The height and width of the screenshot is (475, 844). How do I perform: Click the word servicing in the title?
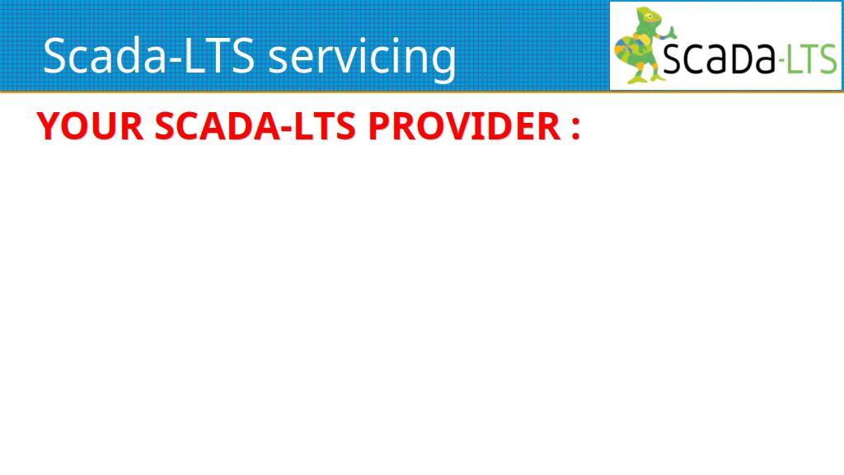362,57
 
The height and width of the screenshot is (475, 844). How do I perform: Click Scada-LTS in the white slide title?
148,55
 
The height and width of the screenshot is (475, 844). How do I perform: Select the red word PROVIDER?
465,126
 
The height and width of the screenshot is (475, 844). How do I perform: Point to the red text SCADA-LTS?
256,126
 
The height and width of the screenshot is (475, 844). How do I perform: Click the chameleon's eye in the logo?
650,16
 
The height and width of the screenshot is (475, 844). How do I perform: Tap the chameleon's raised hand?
670,31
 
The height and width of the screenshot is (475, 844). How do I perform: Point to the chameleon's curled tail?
626,51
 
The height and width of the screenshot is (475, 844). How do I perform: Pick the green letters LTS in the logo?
812,59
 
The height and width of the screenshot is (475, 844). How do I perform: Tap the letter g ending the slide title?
443,63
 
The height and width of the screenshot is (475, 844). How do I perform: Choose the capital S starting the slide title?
54,55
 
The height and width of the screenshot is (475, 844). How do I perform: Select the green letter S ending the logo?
828,59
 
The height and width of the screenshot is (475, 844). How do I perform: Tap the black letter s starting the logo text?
672,60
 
